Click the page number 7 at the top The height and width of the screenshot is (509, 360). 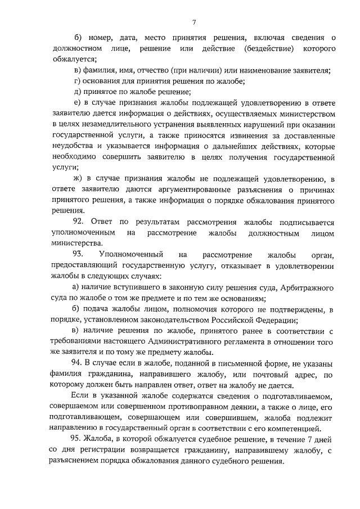point(193,22)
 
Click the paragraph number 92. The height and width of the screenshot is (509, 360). point(80,222)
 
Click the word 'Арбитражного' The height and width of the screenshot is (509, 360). point(307,288)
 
